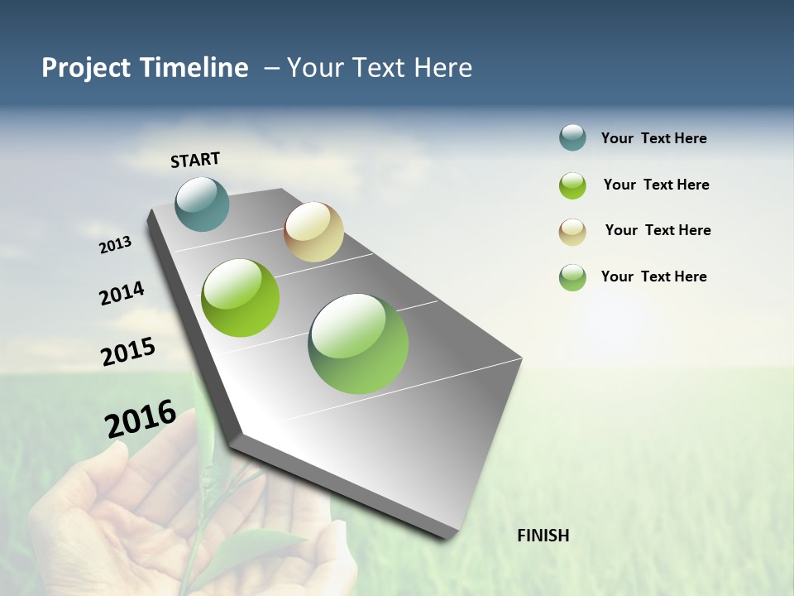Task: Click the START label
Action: [195, 160]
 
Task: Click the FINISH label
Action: [543, 536]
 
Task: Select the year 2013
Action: [115, 245]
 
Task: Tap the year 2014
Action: [122, 293]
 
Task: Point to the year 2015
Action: [128, 351]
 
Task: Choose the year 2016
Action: [141, 419]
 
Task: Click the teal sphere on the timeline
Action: [203, 204]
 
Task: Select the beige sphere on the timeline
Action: [313, 232]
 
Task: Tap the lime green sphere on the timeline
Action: [241, 298]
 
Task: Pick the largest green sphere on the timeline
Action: [358, 344]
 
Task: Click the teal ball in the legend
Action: [572, 138]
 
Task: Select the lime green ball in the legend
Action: [572, 185]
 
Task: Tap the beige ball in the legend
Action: [572, 232]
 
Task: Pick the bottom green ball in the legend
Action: [572, 277]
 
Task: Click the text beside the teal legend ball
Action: [653, 138]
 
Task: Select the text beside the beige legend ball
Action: [658, 230]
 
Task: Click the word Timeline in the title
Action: [194, 68]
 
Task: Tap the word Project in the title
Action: [86, 68]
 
